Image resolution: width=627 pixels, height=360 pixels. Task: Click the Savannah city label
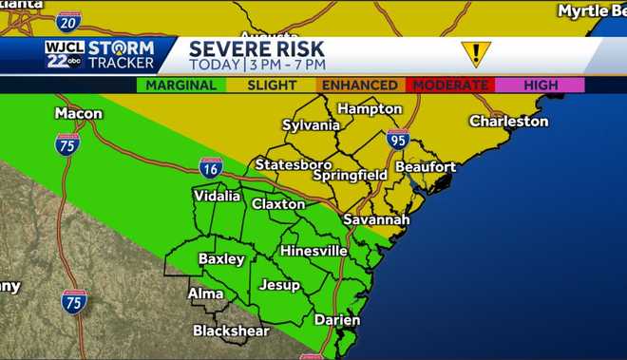point(377,219)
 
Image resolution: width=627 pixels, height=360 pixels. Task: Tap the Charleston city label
point(509,122)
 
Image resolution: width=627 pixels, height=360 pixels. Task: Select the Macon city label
point(78,113)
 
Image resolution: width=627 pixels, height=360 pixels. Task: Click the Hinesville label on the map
point(313,251)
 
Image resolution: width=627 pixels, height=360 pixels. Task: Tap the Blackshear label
point(231,331)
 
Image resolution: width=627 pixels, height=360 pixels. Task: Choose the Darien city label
point(336,320)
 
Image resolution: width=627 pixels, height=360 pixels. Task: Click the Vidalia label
point(217,196)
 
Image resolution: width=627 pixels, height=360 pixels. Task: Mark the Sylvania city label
point(311,125)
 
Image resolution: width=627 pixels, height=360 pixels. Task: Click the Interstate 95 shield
point(398,139)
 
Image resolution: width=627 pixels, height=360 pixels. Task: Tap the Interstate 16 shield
point(211,167)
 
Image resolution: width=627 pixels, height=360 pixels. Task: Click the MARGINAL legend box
point(180,85)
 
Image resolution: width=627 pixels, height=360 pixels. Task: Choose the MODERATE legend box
point(447,85)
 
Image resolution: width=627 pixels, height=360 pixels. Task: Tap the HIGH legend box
point(541,85)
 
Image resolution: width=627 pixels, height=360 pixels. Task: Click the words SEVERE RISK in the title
point(256,48)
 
